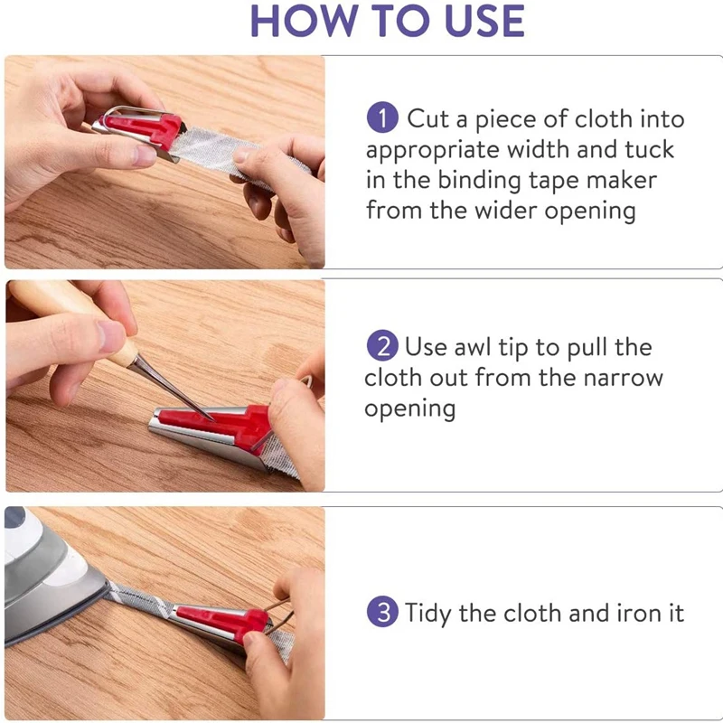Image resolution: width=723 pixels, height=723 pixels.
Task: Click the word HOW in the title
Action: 305,21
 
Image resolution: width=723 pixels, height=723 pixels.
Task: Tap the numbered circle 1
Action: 382,118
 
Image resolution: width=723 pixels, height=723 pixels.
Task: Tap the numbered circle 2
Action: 382,346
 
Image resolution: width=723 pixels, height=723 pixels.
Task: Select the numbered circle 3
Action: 382,612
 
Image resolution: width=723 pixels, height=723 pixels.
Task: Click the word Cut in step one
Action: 427,118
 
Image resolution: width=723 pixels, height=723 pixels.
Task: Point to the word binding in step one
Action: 478,181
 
